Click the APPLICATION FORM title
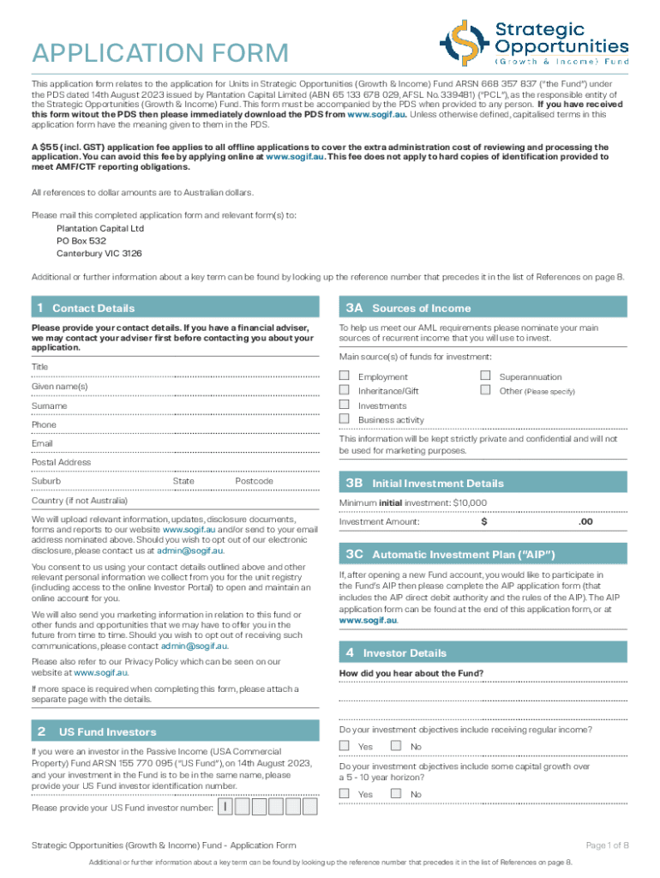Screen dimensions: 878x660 click(160, 53)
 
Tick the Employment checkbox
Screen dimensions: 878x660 click(345, 376)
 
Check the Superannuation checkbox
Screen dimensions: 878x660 click(485, 376)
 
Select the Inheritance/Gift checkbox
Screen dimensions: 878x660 click(345, 391)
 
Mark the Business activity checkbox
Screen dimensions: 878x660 click(345, 419)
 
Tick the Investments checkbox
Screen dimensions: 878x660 click(345, 405)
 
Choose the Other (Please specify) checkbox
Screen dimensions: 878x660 click(485, 391)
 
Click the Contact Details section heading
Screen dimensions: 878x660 click(93, 309)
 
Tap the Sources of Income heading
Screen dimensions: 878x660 click(421, 309)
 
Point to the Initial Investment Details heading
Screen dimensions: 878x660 click(438, 484)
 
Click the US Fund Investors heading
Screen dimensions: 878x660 click(107, 732)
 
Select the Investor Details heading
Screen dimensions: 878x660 click(405, 653)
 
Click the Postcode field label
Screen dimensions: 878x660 click(254, 482)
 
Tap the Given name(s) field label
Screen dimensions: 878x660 click(59, 387)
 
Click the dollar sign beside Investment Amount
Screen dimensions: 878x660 click(484, 521)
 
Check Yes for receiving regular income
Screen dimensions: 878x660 click(345, 746)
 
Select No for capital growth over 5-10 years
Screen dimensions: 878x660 click(396, 794)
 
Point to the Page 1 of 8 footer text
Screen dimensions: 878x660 click(608, 845)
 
